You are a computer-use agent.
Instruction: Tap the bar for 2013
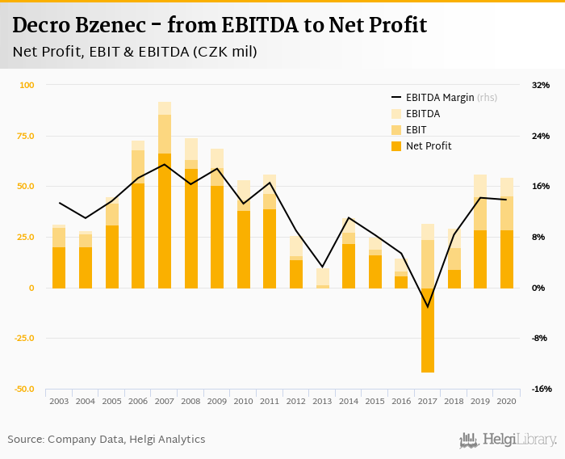tap(323, 280)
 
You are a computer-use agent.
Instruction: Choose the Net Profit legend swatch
tap(396, 146)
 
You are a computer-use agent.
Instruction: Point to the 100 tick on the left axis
tap(27, 85)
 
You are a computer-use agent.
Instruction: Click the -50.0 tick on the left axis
tap(23, 390)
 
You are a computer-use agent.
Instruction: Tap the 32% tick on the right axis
tap(540, 85)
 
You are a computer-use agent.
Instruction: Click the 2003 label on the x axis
tap(59, 401)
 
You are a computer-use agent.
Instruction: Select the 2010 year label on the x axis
tap(243, 401)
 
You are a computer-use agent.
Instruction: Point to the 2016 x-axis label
tap(401, 401)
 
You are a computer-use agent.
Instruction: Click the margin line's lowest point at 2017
tap(428, 307)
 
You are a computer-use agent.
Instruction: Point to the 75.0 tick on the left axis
tap(25, 136)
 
